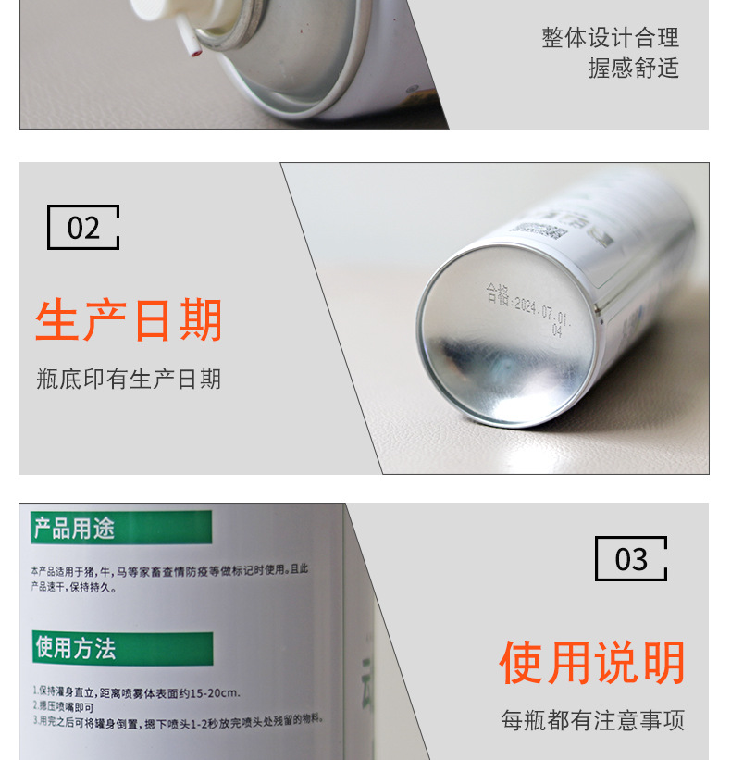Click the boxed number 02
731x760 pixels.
pos(83,228)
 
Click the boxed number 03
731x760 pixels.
pos(631,559)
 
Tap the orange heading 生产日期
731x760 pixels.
pos(129,320)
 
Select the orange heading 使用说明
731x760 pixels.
pos(592,663)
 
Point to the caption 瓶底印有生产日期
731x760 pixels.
pos(129,379)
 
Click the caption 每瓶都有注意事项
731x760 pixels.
pos(592,720)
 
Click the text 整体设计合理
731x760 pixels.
pos(610,38)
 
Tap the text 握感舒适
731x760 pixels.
pos(633,68)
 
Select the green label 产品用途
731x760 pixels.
pos(75,529)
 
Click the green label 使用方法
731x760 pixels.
pos(76,648)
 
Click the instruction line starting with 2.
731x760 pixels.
pos(68,705)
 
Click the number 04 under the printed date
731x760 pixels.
pos(557,330)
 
